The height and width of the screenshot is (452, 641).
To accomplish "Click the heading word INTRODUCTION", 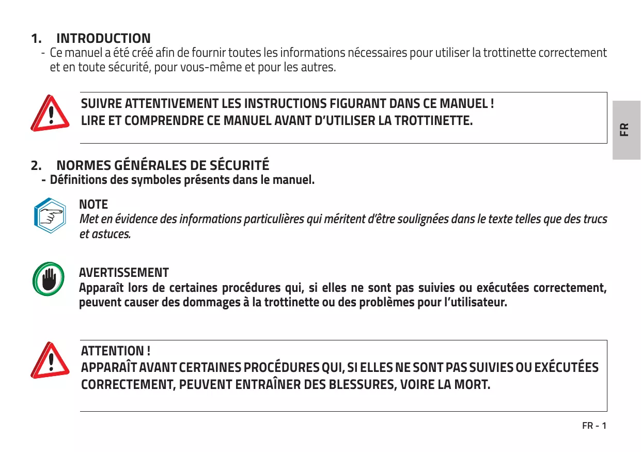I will [103, 38].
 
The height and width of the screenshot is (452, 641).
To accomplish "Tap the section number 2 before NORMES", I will [35, 166].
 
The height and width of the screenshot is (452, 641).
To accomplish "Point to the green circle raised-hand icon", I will [49, 281].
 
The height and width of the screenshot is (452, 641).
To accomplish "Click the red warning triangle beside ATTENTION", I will [50, 360].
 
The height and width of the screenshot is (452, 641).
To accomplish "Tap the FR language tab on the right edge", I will [625, 129].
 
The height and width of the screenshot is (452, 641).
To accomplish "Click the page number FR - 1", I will [594, 426].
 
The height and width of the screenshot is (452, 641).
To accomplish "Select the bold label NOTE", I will [93, 205].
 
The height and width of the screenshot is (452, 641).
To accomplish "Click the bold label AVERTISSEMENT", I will [123, 272].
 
